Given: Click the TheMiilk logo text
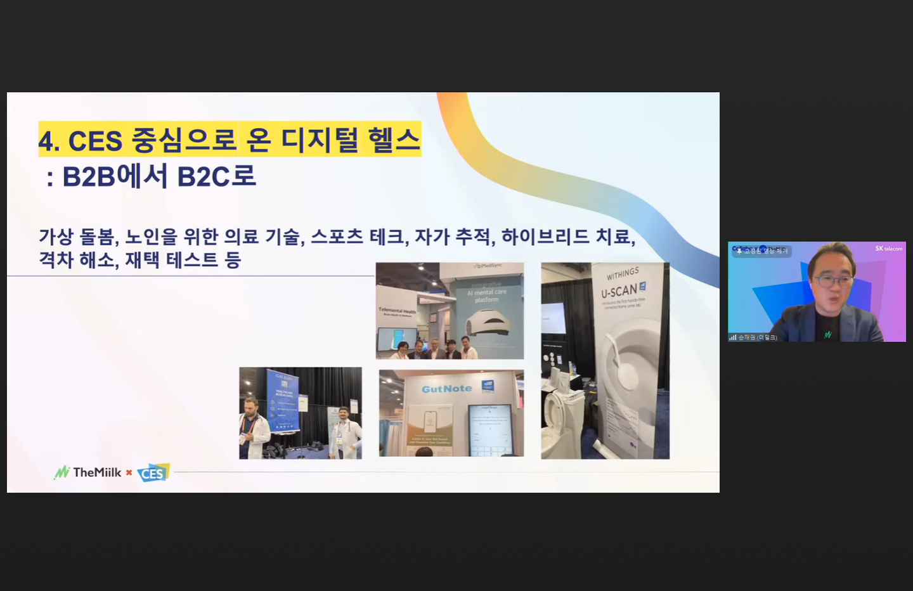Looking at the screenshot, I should pos(96,472).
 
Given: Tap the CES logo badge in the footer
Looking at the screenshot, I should pos(153,473).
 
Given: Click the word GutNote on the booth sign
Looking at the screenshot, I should pos(447,389).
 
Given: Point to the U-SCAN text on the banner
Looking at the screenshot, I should pos(619,291).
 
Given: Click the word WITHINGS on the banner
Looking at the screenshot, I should pos(623,273).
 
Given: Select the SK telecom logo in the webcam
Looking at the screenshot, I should pos(889,249).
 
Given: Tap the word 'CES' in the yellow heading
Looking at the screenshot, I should pos(95,141).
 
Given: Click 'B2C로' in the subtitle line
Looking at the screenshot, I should pos(216,176).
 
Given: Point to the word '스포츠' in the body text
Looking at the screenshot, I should pos(337,237).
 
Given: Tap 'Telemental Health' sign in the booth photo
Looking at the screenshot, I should pos(397,311).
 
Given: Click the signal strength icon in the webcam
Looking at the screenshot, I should pos(733,337).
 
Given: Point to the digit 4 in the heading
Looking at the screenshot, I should pos(46,141).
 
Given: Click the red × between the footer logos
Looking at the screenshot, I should pos(129,472).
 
